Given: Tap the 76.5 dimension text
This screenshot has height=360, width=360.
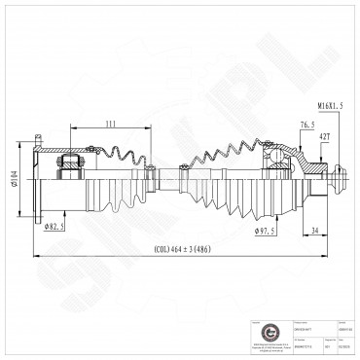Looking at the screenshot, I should [x=282, y=124].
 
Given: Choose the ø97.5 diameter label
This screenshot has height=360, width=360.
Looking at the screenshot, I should [x=263, y=232].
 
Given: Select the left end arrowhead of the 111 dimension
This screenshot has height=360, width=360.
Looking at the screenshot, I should [x=71, y=126].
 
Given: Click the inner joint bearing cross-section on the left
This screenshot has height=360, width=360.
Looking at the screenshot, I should [x=71, y=167].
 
